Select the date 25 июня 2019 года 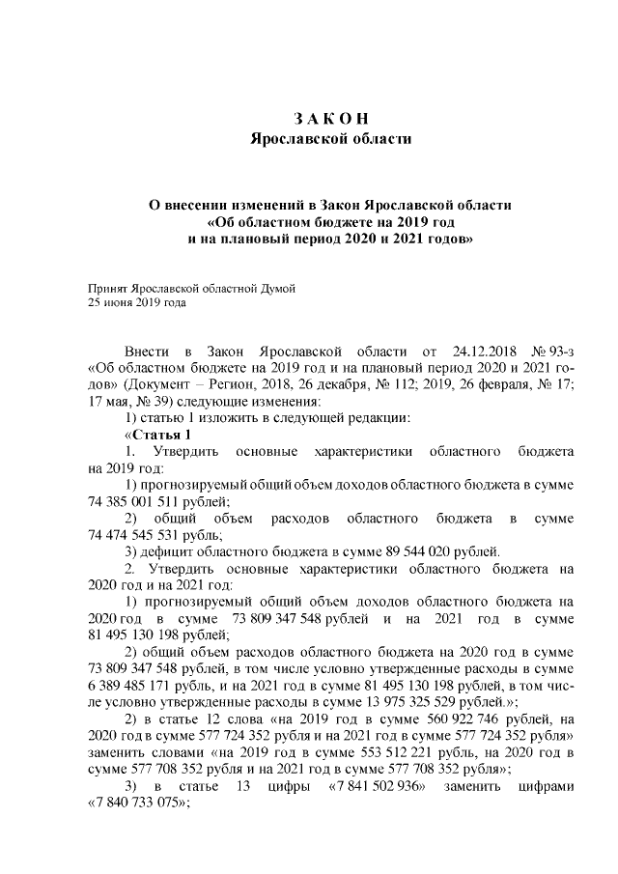(x=136, y=302)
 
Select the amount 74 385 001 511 (x=145, y=501)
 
